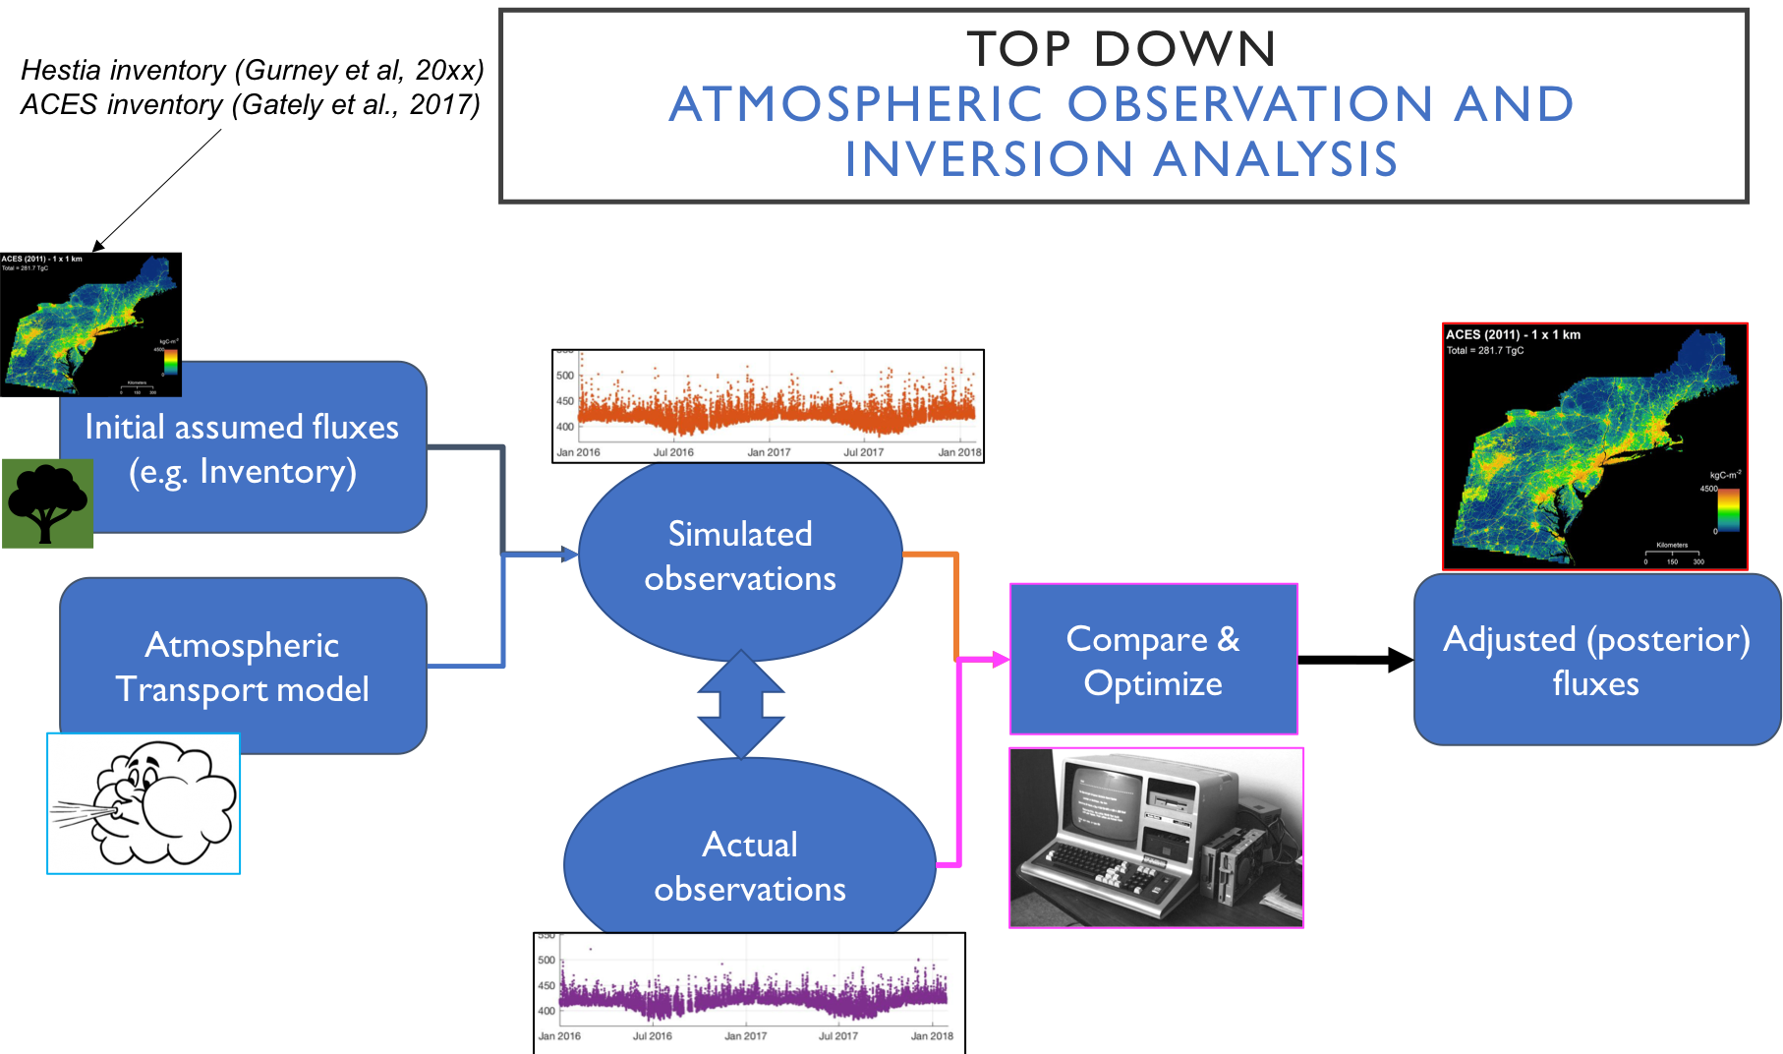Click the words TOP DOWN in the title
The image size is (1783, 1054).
coord(1122,49)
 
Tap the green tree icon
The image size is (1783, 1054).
coord(47,502)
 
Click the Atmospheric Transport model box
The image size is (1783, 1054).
coord(242,666)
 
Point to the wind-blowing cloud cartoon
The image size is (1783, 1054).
coord(144,803)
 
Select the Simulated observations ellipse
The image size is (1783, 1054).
coord(739,556)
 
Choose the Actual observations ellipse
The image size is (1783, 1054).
coord(749,865)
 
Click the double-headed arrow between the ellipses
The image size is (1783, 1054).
coord(741,704)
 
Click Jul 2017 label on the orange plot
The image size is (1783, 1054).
coord(863,452)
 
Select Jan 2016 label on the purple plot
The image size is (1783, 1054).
coord(559,1035)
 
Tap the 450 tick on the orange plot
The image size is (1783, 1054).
coord(565,401)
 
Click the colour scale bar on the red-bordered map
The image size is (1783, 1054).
coord(1728,510)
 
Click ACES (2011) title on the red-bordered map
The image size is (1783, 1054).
coord(1513,335)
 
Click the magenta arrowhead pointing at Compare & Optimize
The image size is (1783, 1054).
coord(1001,659)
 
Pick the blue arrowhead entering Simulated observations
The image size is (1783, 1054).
coord(569,555)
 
